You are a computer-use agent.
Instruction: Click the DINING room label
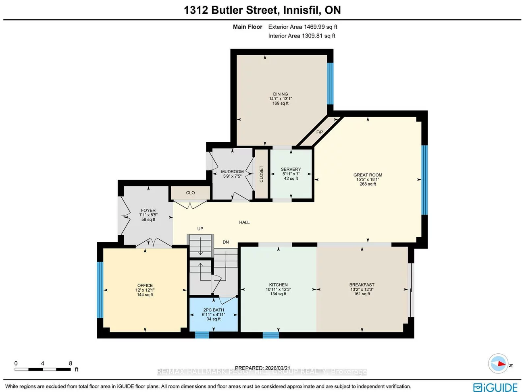coord(280,94)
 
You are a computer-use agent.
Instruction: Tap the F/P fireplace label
coord(319,132)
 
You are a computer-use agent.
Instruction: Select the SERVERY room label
coord(291,169)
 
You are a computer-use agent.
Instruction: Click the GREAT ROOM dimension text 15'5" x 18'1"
coord(368,180)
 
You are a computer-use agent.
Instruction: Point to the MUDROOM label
coord(232,172)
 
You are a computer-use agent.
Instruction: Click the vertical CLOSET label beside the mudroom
coord(261,174)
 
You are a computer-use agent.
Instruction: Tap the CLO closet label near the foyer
coord(190,193)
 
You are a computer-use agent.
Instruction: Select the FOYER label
coord(148,210)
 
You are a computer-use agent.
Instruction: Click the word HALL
coord(244,222)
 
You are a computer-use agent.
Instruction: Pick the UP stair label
coord(200,229)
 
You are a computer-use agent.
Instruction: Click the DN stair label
coord(226,242)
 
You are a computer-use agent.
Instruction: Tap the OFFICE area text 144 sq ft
coord(145,295)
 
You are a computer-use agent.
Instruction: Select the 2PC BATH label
coord(213,310)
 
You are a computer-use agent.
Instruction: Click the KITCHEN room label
coord(278,285)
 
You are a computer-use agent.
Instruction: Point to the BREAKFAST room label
coord(362,285)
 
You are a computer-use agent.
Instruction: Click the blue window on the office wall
coord(100,290)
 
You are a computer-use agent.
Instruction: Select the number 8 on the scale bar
coord(71,363)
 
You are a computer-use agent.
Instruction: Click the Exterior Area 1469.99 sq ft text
coord(302,27)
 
